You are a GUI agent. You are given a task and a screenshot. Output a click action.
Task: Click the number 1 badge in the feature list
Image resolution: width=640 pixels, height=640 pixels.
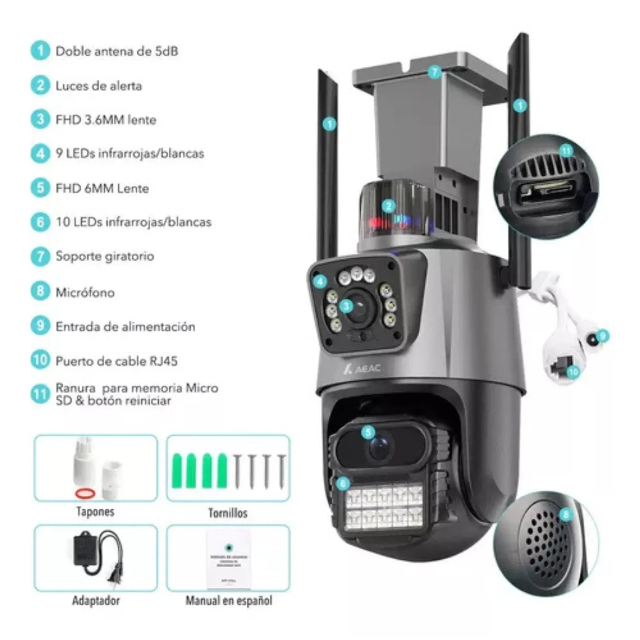coord(40,51)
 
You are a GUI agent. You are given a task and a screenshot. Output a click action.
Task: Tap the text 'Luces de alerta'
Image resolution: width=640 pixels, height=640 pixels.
coord(99,86)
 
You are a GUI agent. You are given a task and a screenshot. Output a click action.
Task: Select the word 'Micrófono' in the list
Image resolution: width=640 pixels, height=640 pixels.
coord(85,293)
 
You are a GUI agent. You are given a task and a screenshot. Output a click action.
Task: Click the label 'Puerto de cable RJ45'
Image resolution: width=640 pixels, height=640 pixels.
coord(116,361)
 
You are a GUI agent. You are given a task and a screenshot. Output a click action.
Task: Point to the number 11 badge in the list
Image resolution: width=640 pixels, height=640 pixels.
coord(40,394)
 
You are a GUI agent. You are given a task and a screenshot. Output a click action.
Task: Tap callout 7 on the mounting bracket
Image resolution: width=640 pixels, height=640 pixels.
coord(434,72)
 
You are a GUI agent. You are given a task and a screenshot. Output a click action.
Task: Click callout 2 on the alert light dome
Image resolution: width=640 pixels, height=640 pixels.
coord(388,207)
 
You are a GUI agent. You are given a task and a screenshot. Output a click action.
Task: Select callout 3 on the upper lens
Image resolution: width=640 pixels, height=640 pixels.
coord(346,305)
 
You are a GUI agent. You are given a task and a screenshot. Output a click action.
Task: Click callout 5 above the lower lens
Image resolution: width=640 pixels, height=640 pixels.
coord(368,432)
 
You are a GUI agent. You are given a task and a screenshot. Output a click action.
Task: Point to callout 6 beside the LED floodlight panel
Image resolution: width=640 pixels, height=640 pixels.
coord(343,483)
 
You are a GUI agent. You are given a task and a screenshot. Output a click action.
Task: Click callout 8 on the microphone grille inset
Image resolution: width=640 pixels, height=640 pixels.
coord(566,515)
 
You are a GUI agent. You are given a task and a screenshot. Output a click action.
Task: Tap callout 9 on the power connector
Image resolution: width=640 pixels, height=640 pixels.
coord(602,337)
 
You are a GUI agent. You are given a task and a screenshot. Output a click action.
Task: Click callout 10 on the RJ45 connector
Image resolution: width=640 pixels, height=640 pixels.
coord(573,372)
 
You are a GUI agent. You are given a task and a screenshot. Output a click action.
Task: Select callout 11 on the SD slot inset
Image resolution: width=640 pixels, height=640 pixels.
coord(566,151)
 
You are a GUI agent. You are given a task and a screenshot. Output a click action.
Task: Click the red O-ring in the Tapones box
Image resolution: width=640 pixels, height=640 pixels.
coord(85,493)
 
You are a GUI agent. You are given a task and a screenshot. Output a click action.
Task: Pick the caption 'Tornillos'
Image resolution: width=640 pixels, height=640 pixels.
coord(228,513)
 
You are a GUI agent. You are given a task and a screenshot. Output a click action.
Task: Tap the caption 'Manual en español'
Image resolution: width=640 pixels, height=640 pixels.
coord(229,601)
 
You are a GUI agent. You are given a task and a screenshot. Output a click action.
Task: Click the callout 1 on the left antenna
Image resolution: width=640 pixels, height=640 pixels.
coord(329,124)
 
